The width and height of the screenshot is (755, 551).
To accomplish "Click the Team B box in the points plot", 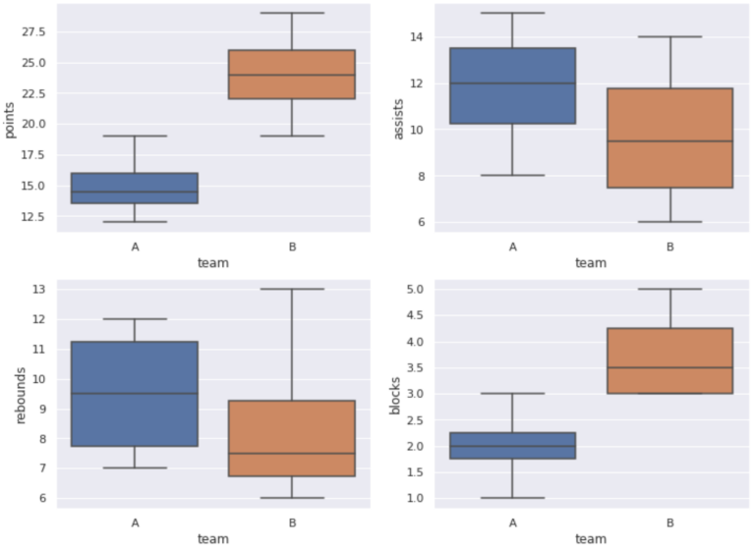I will click(292, 74).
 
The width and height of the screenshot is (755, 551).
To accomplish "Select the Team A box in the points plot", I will click(135, 188).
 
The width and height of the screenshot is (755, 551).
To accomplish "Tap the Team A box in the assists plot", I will click(512, 85).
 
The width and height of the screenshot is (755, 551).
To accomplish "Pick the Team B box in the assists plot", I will click(669, 138).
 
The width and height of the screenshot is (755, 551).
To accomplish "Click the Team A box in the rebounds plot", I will click(135, 393).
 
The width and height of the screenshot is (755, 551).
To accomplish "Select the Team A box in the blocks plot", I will click(512, 445).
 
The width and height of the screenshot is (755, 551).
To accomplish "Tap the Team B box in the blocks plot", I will click(669, 360).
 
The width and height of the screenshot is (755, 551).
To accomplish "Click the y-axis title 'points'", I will click(11, 118).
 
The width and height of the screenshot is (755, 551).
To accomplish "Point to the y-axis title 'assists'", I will click(398, 118).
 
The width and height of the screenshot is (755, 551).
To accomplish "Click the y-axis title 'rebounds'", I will click(21, 393).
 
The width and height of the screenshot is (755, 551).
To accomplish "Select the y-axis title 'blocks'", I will click(396, 394).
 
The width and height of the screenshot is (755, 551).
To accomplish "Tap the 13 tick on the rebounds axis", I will click(39, 289).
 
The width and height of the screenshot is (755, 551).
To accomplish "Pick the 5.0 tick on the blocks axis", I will click(413, 289).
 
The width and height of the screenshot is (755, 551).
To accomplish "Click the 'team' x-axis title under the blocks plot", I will click(591, 538).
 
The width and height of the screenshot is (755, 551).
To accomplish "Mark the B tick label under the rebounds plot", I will click(292, 523).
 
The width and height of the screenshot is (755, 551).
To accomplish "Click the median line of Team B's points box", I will click(292, 75).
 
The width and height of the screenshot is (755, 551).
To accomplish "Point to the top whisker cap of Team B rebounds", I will click(292, 289).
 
